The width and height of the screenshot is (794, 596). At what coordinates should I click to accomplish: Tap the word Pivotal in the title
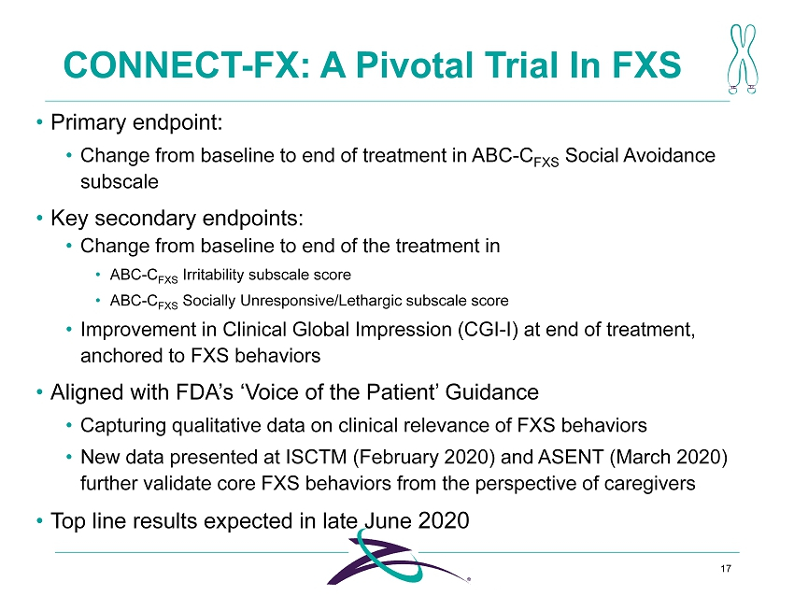point(416,64)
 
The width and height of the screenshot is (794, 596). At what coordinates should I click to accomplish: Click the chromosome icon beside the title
point(743,59)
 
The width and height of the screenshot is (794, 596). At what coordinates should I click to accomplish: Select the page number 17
point(726,569)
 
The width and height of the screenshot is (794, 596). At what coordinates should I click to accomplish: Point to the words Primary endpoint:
point(136,122)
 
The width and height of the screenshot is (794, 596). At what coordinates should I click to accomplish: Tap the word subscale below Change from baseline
point(120,181)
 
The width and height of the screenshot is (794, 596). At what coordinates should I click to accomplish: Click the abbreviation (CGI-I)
point(488,330)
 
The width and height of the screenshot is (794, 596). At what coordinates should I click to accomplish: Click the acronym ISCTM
point(317,457)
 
